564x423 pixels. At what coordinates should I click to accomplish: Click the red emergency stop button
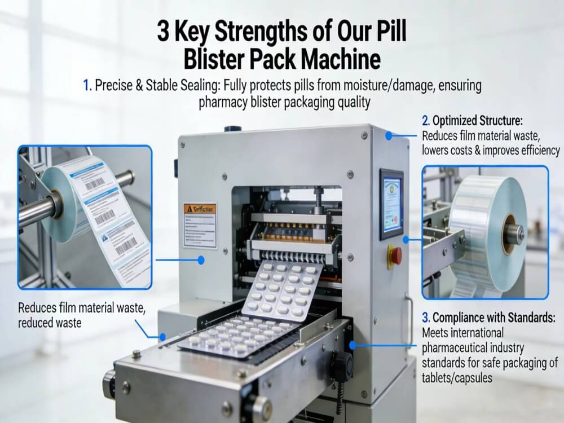click(395, 255)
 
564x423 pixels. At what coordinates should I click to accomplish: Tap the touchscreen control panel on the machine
click(391, 202)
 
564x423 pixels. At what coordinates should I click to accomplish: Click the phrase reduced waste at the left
click(50, 323)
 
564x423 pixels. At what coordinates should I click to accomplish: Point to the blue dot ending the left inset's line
click(201, 260)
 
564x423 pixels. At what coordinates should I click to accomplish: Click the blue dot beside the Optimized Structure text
click(389, 135)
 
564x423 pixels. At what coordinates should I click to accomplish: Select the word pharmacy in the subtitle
click(223, 103)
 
